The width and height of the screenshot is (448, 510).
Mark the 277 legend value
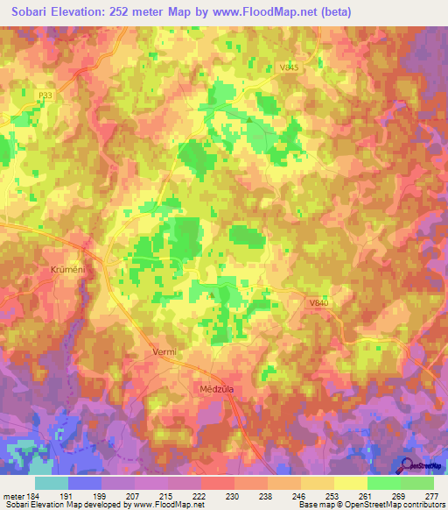432,496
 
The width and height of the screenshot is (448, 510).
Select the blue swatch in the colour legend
85,483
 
